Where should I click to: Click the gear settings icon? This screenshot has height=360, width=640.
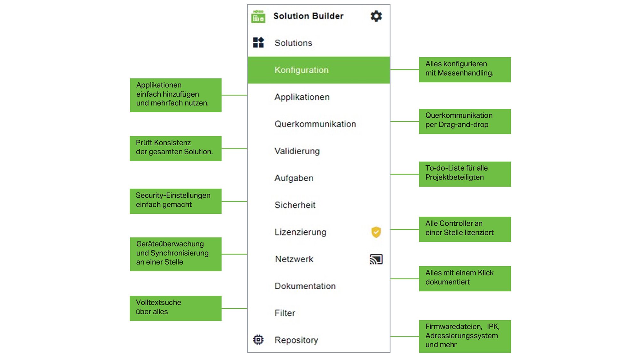[x=376, y=16]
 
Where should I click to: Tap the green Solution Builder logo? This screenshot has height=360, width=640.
[x=258, y=17]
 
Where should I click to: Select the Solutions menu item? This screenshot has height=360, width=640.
[x=293, y=43]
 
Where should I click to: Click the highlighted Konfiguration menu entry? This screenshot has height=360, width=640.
[x=319, y=70]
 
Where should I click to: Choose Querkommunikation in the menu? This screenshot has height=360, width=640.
[x=315, y=124]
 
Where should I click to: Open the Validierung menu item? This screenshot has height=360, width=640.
[x=297, y=151]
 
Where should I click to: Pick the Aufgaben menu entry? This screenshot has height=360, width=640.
[x=294, y=178]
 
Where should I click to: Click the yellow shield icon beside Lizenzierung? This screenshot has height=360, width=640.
[x=376, y=232]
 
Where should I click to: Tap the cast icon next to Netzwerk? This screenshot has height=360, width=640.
[x=376, y=259]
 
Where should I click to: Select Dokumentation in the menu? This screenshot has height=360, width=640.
[x=305, y=286]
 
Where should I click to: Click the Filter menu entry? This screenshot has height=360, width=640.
[x=285, y=313]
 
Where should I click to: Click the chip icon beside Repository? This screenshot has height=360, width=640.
[x=258, y=340]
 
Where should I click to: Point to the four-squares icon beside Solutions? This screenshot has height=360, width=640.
[x=258, y=43]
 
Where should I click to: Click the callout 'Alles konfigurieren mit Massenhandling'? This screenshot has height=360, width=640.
[x=465, y=70]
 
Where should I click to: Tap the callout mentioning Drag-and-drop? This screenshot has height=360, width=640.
[x=465, y=122]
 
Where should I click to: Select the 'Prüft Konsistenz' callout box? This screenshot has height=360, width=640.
[x=176, y=148]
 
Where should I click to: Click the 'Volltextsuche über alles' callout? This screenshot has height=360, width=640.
[x=176, y=308]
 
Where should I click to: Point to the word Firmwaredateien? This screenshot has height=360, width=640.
[x=453, y=327]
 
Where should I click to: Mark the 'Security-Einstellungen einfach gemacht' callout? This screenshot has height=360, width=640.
[x=176, y=201]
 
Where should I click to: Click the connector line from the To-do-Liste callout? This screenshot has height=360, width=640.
[x=405, y=174]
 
